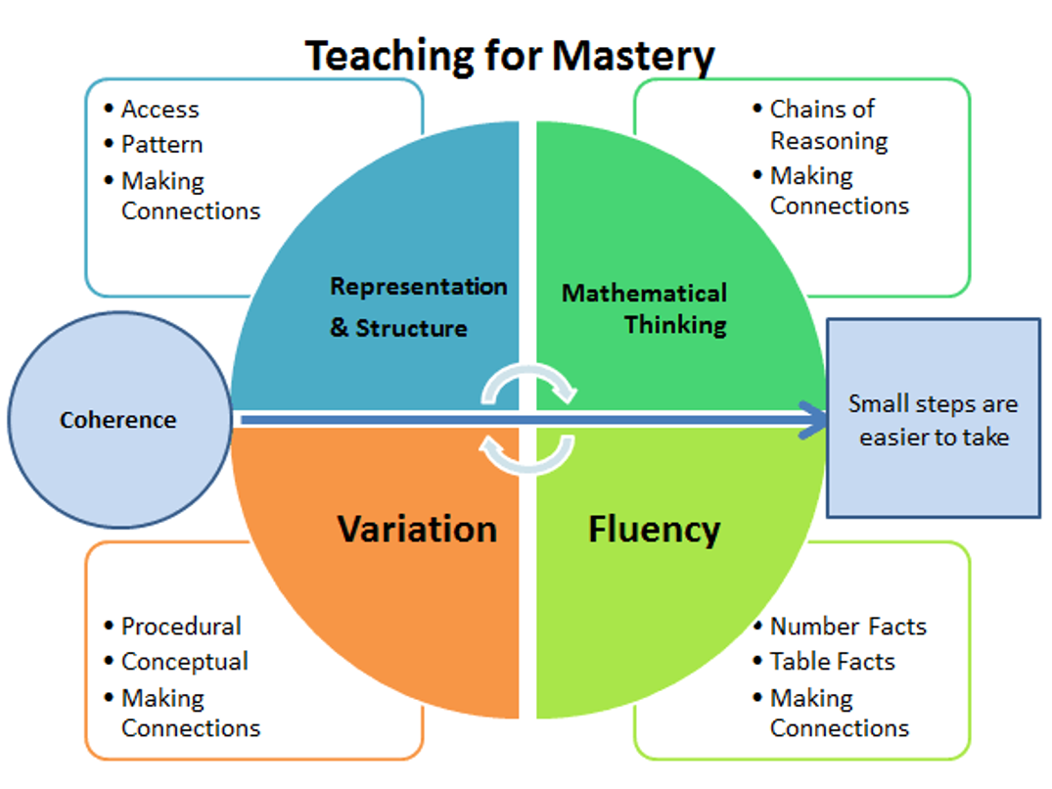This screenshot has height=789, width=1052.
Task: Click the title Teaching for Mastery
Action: point(510,56)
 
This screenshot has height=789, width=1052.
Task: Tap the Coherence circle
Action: point(118,421)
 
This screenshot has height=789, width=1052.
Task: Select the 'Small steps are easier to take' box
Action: point(933,419)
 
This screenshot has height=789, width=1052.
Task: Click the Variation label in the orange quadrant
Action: point(417,530)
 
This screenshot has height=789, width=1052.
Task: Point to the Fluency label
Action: point(654,530)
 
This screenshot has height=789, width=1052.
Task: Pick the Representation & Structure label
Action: point(418,306)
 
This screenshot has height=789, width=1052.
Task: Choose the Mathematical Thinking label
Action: point(645,308)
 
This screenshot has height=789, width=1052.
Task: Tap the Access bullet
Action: point(160,110)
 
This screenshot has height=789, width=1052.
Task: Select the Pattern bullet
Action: point(161,145)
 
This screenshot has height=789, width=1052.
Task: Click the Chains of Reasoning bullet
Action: point(828,124)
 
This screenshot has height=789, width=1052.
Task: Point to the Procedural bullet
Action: point(180,627)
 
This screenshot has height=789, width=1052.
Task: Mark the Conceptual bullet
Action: point(184,662)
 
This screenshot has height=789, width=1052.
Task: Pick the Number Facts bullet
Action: point(847,627)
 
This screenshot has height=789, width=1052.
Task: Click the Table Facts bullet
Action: point(832,662)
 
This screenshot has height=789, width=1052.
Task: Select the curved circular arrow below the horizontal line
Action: point(529,452)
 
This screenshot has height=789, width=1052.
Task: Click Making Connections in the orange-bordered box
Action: point(190,714)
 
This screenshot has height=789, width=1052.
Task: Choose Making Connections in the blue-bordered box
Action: point(190,196)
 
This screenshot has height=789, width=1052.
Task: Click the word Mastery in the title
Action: point(633,56)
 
